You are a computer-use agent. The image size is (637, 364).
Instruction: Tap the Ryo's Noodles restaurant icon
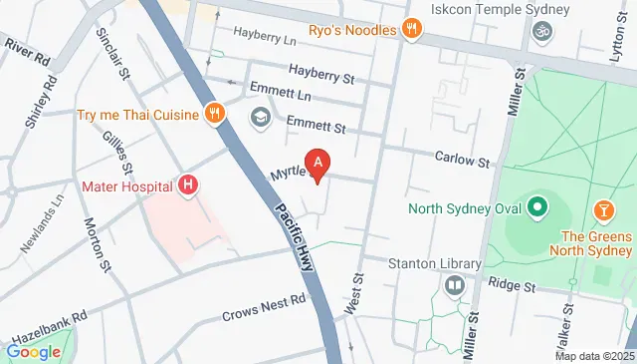[x=410, y=29]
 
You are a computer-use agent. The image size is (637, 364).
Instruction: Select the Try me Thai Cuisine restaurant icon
[x=212, y=114]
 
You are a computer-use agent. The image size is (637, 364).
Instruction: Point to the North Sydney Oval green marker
[x=538, y=208]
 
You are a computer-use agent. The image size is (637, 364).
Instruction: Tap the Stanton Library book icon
[x=455, y=286]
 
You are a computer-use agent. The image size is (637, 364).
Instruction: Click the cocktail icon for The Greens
[x=601, y=210]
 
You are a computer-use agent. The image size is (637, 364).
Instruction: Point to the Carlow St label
[x=463, y=160]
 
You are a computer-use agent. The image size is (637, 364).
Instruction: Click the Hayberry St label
[x=321, y=72]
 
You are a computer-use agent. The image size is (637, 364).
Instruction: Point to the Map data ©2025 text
[x=593, y=356]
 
